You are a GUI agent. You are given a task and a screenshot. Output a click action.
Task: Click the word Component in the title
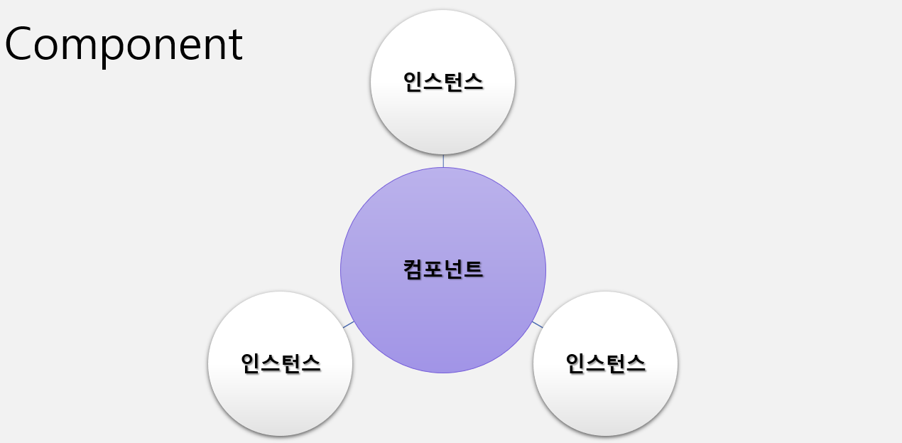[124, 44]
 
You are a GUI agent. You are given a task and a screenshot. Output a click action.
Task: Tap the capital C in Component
[20, 44]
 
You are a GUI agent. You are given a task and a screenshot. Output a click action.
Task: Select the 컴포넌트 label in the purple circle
[443, 269]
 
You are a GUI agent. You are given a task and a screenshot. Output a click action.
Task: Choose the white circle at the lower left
[281, 398]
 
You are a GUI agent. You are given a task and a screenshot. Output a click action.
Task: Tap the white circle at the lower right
[605, 398]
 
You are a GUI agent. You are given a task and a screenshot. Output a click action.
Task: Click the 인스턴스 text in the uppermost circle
[443, 82]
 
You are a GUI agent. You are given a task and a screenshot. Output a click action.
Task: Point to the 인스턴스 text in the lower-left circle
[281, 363]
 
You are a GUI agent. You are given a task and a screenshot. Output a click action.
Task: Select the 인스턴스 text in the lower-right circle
[605, 363]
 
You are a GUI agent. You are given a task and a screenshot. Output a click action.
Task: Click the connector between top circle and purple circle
[443, 161]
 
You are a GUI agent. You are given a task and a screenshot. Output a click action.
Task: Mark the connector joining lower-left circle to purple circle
[348, 324]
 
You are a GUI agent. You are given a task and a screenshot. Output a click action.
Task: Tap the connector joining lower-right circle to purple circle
[538, 324]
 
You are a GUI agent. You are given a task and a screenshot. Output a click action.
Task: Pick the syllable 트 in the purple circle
[474, 269]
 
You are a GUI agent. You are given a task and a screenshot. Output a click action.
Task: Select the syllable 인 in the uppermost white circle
[413, 82]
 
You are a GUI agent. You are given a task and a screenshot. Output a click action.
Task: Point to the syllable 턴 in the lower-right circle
[615, 363]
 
